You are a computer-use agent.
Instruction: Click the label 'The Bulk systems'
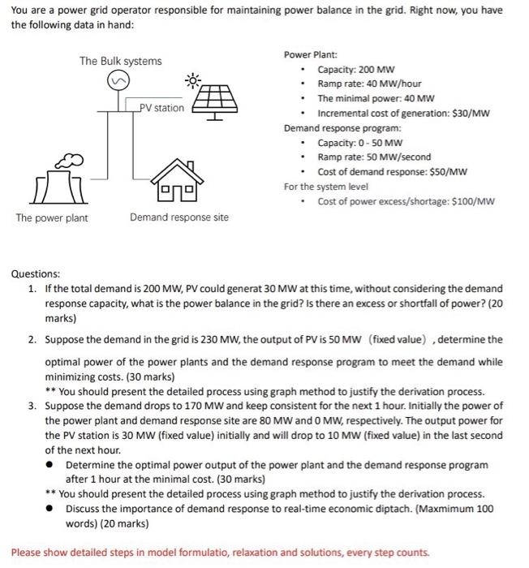pos(120,61)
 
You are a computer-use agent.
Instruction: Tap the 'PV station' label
pos(161,108)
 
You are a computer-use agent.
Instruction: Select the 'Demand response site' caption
pos(179,217)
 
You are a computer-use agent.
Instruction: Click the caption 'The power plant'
pos(50,217)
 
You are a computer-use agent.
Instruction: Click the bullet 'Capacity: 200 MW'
pos(356,70)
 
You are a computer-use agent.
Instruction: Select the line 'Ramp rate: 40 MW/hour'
pos(369,84)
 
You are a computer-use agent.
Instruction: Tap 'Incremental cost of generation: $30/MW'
pos(403,114)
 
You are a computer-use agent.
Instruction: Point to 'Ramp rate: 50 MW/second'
pos(374,157)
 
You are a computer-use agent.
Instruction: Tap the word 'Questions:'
pos(35,274)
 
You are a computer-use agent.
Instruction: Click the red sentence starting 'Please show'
pos(220,553)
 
